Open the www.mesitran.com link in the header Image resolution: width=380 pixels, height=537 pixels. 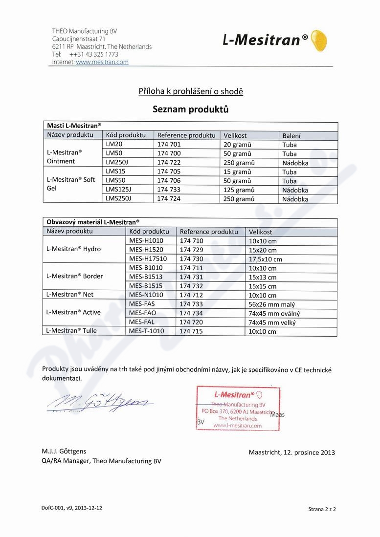(102, 62)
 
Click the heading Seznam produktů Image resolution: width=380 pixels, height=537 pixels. (190, 109)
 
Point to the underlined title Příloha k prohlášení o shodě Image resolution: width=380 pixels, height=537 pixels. (190, 91)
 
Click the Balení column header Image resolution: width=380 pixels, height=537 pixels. (291, 135)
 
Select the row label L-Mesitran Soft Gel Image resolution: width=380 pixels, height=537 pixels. (71, 184)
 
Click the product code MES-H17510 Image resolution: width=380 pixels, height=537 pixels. (148, 259)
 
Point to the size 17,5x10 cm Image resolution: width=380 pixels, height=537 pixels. (266, 259)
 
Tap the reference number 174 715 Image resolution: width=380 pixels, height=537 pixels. (191, 331)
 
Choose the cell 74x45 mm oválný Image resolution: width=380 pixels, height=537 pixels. (274, 313)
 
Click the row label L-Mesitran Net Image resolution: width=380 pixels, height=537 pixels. (69, 295)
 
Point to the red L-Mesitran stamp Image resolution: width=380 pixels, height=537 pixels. (238, 408)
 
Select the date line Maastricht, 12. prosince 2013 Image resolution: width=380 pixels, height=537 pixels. (291, 452)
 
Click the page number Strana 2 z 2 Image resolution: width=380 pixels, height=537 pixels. (322, 509)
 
